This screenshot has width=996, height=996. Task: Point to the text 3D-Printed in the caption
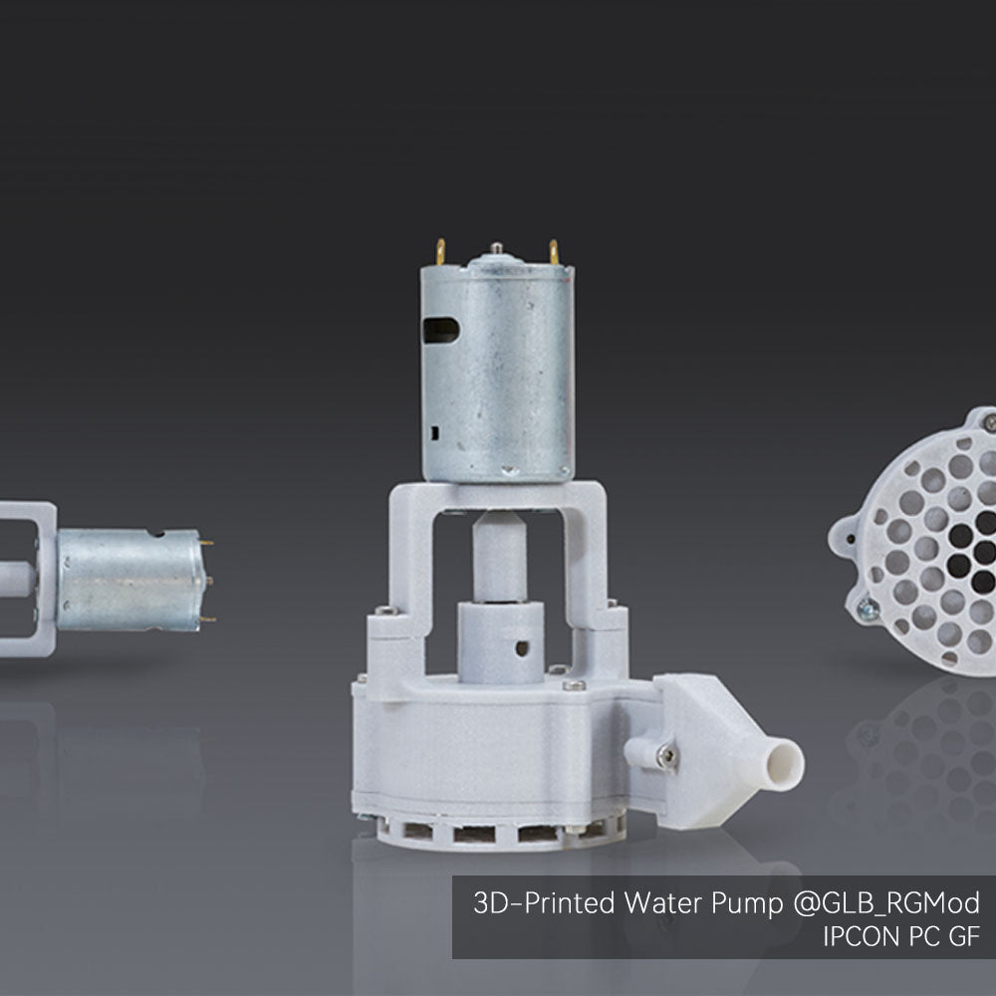click(545, 902)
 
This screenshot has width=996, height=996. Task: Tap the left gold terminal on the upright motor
click(440, 252)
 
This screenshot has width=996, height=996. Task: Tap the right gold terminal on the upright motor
click(554, 252)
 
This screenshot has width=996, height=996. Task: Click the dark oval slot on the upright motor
click(441, 330)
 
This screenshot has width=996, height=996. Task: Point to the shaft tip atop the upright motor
click(496, 246)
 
